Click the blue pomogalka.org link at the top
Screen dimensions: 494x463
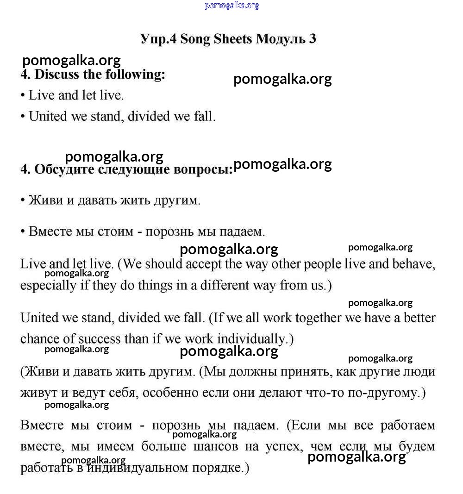tap(231, 6)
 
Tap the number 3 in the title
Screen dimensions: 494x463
tap(313, 39)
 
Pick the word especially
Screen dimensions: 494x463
tap(49, 285)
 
